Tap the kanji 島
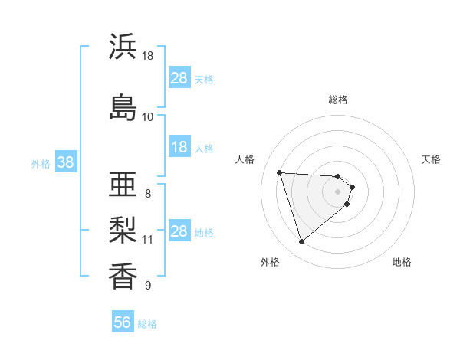point(123,107)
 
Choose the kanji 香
point(123,276)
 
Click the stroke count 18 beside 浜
point(148,56)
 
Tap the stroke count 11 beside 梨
point(148,240)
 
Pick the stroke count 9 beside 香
point(148,286)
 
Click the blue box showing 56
point(123,322)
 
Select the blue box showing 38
point(65,162)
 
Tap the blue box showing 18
point(179,147)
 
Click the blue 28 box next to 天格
point(179,78)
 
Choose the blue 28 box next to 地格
point(179,231)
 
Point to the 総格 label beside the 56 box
point(147,324)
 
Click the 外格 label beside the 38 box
point(41,163)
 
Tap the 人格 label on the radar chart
point(245,159)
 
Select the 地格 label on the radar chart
point(402,262)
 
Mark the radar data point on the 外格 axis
point(301,242)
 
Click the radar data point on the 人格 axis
point(279,172)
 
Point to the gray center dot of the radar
point(338,191)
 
